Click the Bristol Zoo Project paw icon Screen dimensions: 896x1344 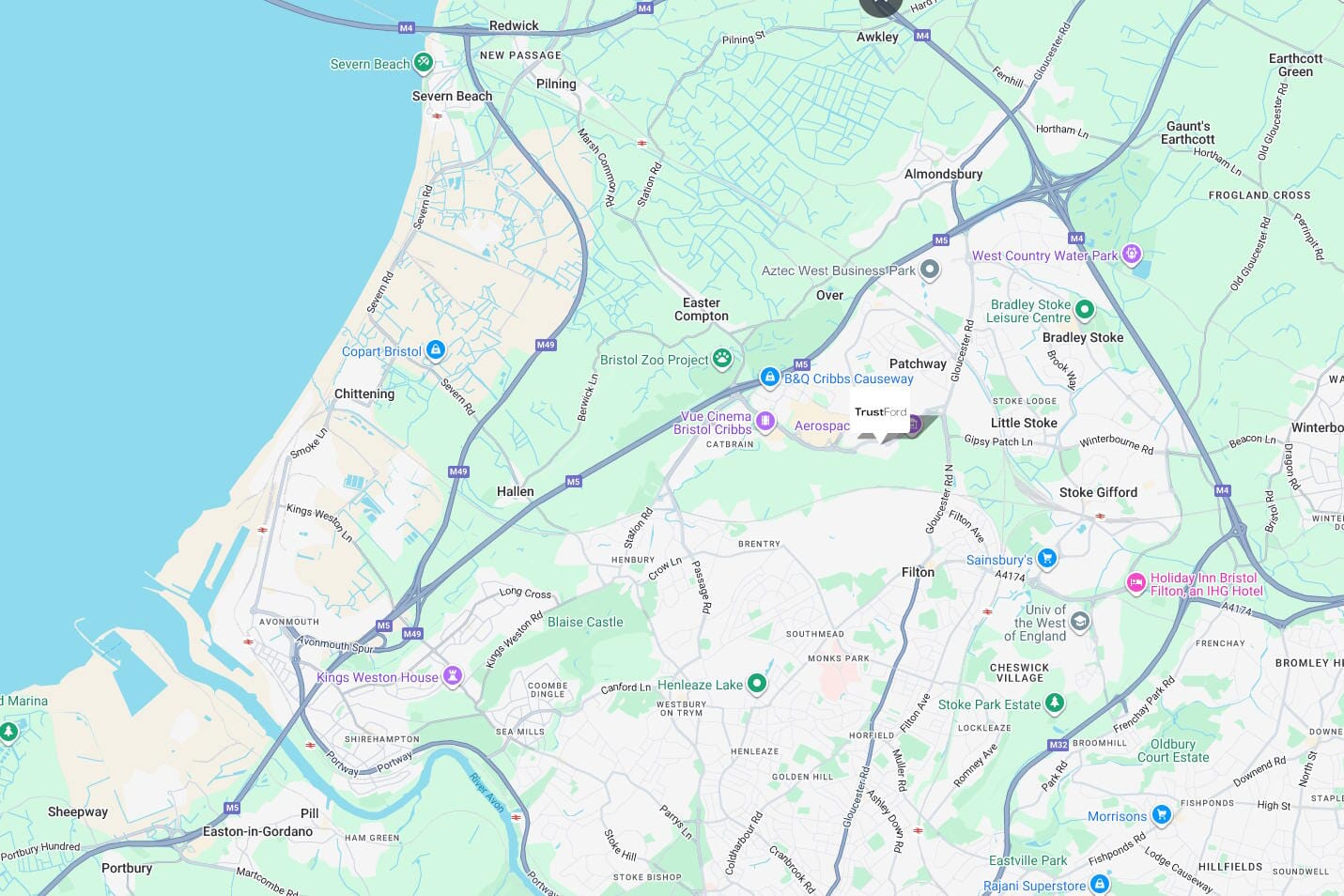coord(721,358)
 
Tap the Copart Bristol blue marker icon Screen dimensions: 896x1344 coord(435,350)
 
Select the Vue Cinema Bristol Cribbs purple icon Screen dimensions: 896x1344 coord(765,421)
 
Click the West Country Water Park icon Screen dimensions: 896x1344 coord(1132,254)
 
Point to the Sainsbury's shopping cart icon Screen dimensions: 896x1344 coord(1047,559)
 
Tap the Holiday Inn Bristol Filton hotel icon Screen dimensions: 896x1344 coord(1135,583)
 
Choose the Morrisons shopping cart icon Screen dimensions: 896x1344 coord(1161,814)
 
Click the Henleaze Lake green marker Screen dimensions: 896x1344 coord(756,684)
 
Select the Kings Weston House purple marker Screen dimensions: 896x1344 coord(453,676)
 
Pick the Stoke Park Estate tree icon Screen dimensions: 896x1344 coord(1055,703)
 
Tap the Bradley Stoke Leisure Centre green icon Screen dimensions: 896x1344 coord(1085,309)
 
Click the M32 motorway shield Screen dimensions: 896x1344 coord(1058,745)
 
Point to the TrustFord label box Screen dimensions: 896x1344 coord(880,412)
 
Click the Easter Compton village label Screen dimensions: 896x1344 coord(702,309)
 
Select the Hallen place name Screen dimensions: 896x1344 coord(515,491)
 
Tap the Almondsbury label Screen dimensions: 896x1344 coord(943,174)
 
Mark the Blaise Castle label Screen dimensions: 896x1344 coord(585,622)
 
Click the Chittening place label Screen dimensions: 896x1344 coord(364,394)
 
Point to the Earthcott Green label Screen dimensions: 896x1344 coord(1295,65)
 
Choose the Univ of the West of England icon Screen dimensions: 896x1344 coord(1080,622)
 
